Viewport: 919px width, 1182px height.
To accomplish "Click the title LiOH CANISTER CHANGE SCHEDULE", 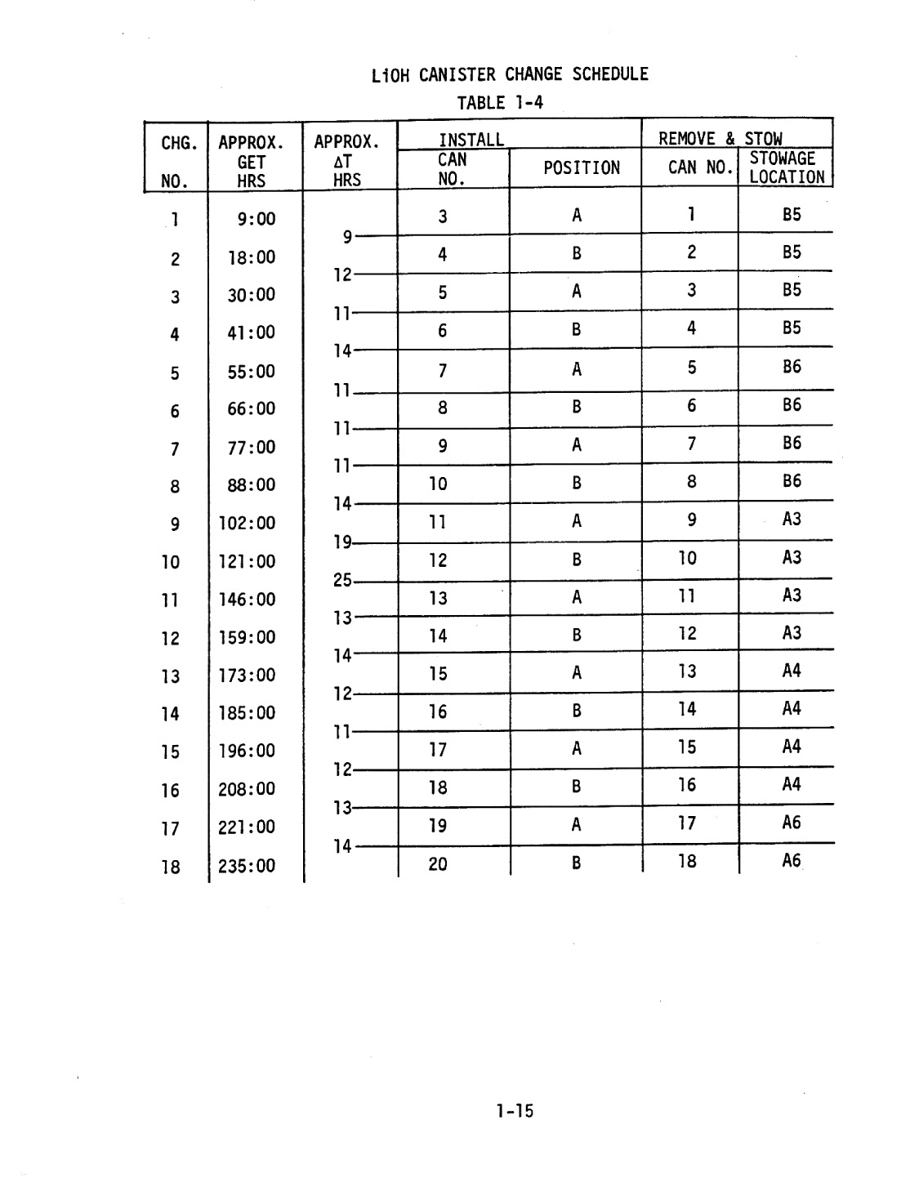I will click(509, 75).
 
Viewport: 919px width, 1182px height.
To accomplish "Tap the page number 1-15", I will click(514, 1110).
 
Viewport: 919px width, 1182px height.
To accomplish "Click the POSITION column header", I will click(581, 168).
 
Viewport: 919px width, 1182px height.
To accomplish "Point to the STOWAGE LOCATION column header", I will click(786, 167).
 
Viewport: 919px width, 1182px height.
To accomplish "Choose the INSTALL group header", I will click(471, 140).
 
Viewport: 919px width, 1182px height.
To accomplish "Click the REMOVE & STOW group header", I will click(720, 139).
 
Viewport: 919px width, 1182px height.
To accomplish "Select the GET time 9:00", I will click(257, 219).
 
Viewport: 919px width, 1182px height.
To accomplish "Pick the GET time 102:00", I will click(247, 523).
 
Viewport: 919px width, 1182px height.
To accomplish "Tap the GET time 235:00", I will click(247, 865).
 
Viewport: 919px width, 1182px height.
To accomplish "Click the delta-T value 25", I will click(342, 581).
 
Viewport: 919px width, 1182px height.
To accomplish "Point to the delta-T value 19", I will click(342, 542).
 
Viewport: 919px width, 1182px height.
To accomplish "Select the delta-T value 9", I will click(347, 237).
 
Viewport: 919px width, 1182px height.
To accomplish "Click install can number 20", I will click(438, 863).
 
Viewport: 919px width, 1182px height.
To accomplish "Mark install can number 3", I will click(443, 216).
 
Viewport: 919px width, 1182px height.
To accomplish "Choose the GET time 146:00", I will click(247, 600).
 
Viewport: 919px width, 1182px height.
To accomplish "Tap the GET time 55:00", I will click(252, 372).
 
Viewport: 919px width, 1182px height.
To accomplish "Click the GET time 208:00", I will click(247, 789).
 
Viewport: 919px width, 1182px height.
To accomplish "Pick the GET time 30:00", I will click(252, 295).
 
